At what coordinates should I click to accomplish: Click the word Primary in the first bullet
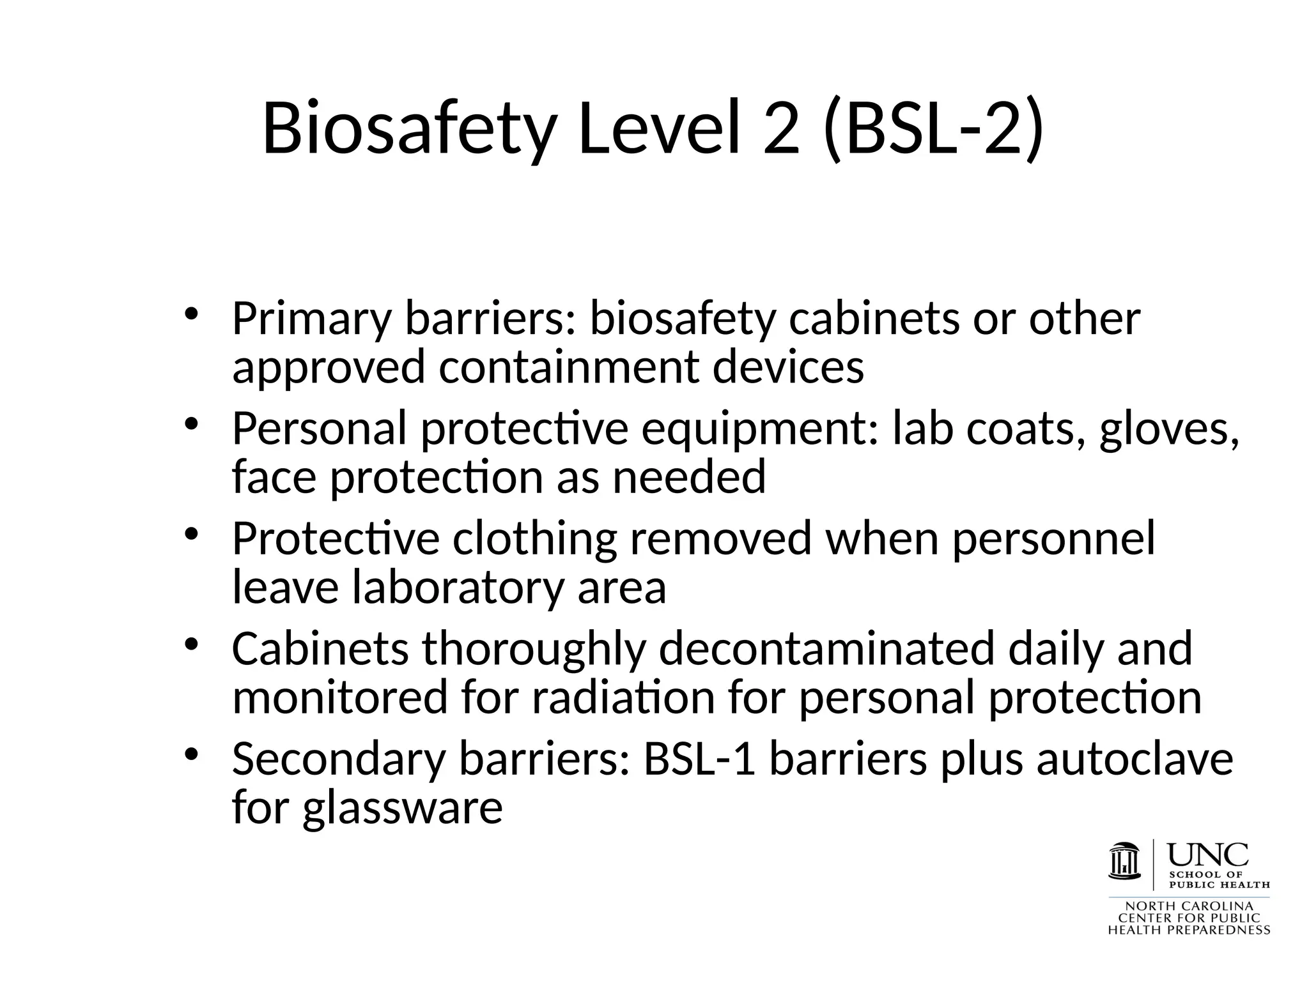click(x=311, y=319)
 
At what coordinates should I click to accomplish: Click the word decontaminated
click(x=826, y=648)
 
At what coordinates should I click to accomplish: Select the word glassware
click(x=403, y=807)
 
